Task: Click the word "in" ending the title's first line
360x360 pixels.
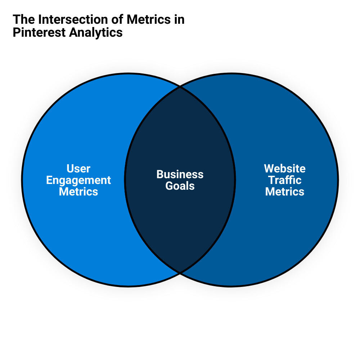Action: [179, 19]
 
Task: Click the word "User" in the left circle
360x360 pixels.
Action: [78, 168]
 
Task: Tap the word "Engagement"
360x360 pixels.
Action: [78, 180]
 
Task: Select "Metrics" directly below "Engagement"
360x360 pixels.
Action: [78, 192]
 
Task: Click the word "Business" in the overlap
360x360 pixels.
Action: [180, 175]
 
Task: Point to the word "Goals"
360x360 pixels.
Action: [180, 186]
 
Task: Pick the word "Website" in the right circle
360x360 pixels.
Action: [285, 168]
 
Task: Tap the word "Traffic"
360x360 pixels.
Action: [285, 180]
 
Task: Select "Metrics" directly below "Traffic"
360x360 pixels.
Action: [285, 192]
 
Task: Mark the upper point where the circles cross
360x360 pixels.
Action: [180, 86]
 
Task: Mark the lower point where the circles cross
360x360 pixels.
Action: [180, 273]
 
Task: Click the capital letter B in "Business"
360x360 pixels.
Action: [160, 175]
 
